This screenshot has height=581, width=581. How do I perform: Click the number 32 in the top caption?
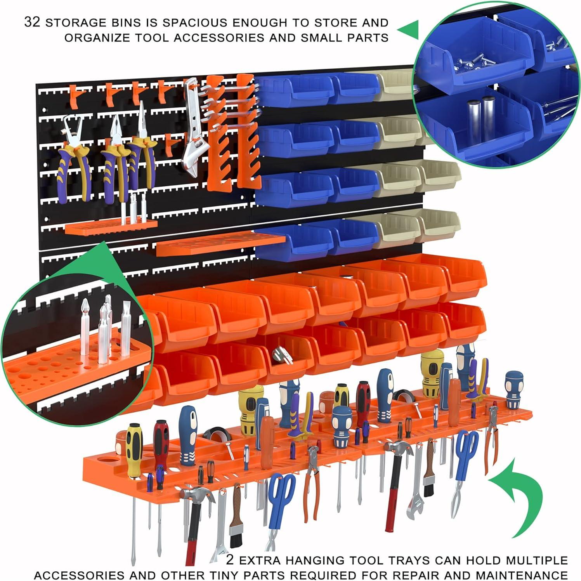pos(32,22)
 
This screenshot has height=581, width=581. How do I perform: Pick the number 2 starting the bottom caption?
pos(230,560)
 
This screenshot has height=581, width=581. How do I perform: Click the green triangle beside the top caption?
pos(409,29)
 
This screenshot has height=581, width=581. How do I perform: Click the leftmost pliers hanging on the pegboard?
pos(72,159)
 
